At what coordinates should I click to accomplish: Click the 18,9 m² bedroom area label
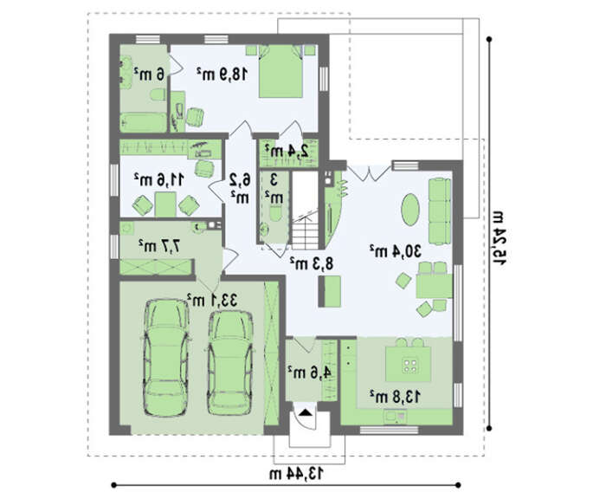point(222,74)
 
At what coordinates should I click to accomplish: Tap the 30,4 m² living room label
point(395,251)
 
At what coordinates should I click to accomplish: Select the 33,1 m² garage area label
point(212,300)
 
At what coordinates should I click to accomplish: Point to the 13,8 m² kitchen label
point(395,397)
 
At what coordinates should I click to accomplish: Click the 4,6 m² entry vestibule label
point(309,373)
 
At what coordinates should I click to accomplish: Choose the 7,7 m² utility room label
point(159,244)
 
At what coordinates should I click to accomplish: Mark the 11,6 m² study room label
point(158,179)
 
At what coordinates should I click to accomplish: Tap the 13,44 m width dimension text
point(296,473)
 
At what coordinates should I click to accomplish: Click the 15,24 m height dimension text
point(499,238)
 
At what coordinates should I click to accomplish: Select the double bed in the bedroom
point(280,71)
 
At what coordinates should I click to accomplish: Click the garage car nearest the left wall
point(165,358)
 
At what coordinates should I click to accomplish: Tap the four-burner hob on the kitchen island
point(409,365)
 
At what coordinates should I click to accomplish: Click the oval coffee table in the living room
point(410,210)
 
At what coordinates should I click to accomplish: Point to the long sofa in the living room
point(440,211)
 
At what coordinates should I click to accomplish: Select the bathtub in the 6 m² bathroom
point(144,122)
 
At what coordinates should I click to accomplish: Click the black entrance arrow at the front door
point(306,412)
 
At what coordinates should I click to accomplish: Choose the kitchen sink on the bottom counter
point(395,416)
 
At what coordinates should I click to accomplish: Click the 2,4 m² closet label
point(287,152)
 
